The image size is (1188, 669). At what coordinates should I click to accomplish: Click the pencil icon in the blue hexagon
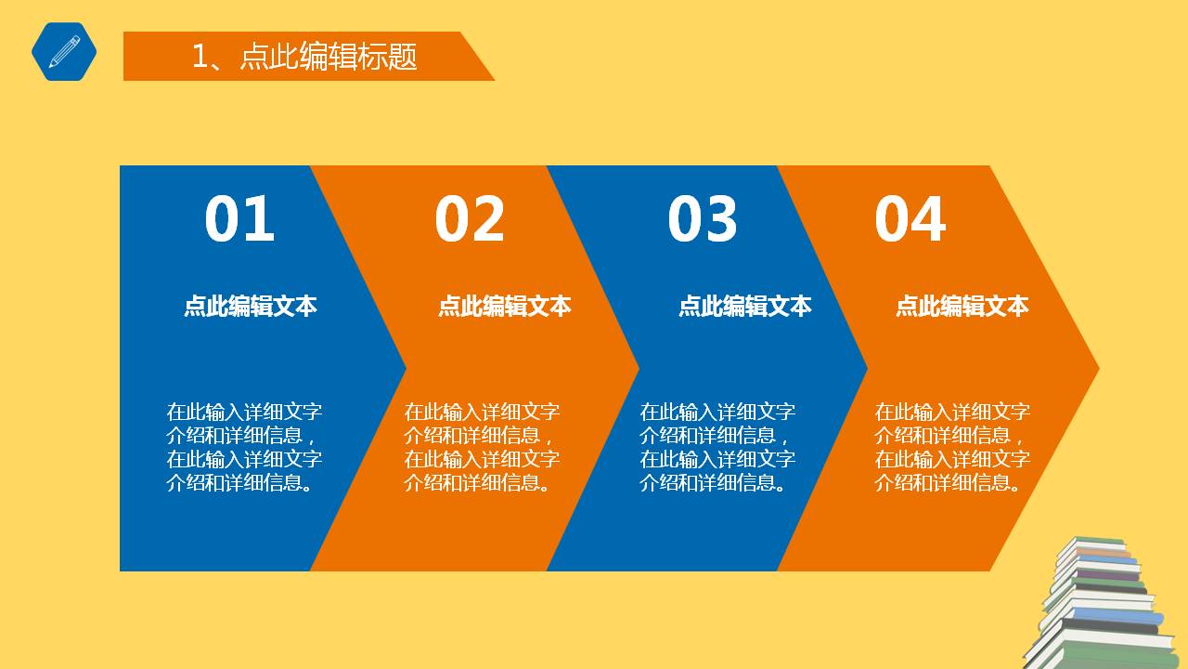64,51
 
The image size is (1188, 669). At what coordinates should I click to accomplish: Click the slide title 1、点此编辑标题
304,57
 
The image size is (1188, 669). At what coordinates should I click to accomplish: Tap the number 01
239,219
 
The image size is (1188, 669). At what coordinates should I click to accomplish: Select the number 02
470,219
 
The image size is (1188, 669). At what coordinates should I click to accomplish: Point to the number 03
702,219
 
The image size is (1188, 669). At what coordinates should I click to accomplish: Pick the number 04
910,219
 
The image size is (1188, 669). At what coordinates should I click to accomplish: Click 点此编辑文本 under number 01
251,306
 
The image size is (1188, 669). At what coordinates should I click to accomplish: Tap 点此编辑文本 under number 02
505,306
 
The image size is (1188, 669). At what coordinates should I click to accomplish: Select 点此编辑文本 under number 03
745,306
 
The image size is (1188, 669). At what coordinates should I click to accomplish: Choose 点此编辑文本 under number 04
962,306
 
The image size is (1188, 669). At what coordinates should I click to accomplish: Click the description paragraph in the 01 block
244,447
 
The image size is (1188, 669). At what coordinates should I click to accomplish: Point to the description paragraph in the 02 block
482,447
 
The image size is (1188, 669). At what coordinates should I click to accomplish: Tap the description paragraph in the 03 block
717,447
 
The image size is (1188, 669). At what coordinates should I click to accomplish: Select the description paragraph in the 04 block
952,447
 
